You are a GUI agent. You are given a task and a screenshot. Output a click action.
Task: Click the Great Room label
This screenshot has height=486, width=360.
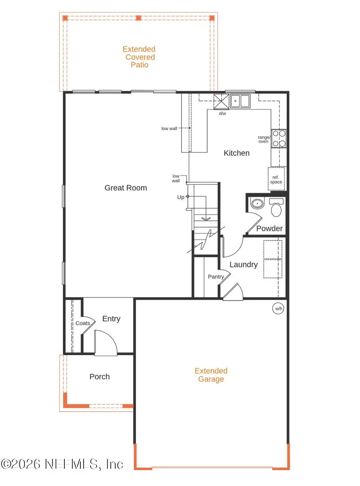coord(126,188)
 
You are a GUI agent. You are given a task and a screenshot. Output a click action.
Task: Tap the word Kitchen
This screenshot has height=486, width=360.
coord(236,153)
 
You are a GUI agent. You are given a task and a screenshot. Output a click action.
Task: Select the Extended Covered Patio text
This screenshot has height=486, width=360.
coord(139,57)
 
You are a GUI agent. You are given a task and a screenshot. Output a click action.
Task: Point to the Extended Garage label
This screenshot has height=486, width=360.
coord(211,375)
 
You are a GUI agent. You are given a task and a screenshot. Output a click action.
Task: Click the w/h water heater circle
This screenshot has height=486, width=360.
coord(278,308)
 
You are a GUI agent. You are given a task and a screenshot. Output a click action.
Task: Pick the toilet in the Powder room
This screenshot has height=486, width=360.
coord(276,207)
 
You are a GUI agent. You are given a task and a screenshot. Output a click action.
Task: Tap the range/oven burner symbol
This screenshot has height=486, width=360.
coord(279,139)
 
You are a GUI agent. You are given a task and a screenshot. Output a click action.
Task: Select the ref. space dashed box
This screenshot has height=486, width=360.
coord(276,178)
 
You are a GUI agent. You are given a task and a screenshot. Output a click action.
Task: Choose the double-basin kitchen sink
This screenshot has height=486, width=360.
coord(240,101)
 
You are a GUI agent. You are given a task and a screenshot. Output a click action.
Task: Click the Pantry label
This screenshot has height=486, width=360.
coord(215,276)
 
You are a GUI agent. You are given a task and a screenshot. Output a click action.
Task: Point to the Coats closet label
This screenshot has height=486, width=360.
coord(83,323)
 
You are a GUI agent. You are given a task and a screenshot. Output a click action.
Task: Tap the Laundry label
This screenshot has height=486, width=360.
coord(243,264)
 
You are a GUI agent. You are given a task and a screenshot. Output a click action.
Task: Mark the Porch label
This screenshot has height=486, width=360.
coord(100,376)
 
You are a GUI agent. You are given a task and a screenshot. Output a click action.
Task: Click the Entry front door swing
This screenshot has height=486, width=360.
coord(105,343)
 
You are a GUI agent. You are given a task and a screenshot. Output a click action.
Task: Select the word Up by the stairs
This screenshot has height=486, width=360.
coord(181,197)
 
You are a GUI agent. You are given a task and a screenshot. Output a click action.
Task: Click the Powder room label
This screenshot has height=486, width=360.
coord(269,228)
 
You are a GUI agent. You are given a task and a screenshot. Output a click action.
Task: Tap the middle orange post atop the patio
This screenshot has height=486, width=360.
coord(139,18)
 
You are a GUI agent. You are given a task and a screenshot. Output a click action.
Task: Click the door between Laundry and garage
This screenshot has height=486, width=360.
coord(233,292)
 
